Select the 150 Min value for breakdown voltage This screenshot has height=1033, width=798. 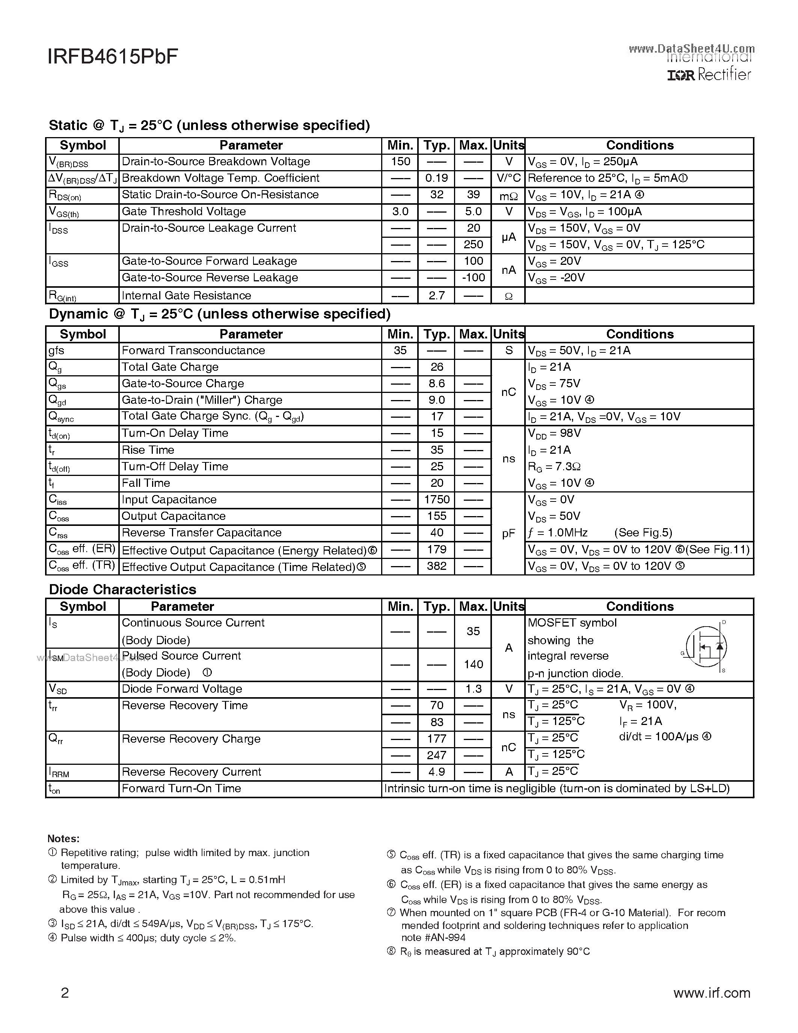400,162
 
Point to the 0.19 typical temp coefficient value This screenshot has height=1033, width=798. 436,178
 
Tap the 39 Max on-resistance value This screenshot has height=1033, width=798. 473,195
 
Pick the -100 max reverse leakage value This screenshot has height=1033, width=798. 473,278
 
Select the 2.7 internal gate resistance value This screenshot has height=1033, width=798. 436,296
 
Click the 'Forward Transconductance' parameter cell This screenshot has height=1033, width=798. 193,350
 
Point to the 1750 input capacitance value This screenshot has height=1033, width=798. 436,500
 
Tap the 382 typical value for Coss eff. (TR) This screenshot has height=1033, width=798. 436,566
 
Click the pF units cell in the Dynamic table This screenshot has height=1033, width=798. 508,533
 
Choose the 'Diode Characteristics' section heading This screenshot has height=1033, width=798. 122,589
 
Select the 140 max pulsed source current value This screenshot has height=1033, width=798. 473,665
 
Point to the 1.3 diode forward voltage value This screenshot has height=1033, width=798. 473,689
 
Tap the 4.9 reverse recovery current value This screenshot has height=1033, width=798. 436,772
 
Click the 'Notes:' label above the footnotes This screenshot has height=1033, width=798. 63,838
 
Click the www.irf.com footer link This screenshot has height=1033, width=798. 712,993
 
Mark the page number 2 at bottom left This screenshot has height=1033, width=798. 65,993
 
